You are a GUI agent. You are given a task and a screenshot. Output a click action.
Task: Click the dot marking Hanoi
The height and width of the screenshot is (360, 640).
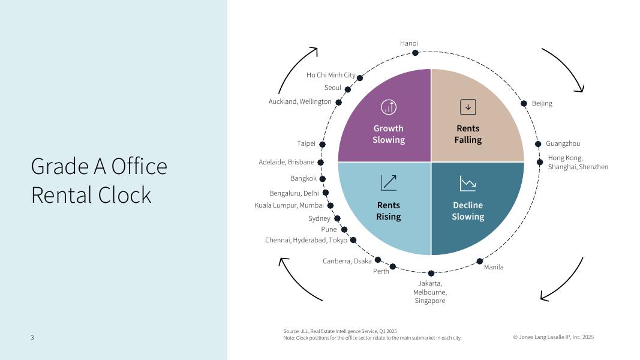point(415,53)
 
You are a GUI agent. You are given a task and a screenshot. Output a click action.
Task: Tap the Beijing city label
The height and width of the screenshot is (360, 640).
point(542,103)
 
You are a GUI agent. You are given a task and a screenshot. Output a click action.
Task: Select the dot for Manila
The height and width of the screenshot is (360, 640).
point(480,261)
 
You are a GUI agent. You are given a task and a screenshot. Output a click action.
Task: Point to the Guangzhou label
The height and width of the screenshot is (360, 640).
point(563,143)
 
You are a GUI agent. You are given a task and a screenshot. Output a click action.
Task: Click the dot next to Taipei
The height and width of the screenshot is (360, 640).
point(322,145)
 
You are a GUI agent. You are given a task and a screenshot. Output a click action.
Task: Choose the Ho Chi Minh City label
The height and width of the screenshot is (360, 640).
point(330,75)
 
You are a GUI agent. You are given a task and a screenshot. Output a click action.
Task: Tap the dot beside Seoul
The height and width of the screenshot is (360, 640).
point(348,89)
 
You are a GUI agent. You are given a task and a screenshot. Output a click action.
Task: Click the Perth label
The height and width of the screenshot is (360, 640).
point(381,271)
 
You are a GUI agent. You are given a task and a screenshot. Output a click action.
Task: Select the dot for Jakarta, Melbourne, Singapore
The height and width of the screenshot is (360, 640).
point(431,273)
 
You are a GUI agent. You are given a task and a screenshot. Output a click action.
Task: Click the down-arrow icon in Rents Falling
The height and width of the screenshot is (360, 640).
point(468,107)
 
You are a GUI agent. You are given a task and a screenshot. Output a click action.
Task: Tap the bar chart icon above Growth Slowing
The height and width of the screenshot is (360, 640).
point(389,107)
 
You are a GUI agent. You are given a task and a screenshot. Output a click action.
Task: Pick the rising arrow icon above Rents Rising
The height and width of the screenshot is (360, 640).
point(389,183)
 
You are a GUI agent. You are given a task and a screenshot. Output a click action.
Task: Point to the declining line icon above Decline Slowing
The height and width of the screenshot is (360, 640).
point(468,183)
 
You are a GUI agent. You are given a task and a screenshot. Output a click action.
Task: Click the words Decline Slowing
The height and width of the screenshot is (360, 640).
point(468,211)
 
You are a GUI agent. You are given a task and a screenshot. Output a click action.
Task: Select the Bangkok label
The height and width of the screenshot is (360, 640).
point(303,178)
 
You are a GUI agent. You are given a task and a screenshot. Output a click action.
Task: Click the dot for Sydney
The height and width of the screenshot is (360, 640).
point(337,218)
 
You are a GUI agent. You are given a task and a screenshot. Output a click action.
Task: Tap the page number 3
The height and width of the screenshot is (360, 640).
point(32,337)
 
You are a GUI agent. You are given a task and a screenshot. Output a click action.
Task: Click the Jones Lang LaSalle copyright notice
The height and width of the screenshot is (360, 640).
point(553,337)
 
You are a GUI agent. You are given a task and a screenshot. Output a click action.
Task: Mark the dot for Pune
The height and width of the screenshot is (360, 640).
point(344,229)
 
